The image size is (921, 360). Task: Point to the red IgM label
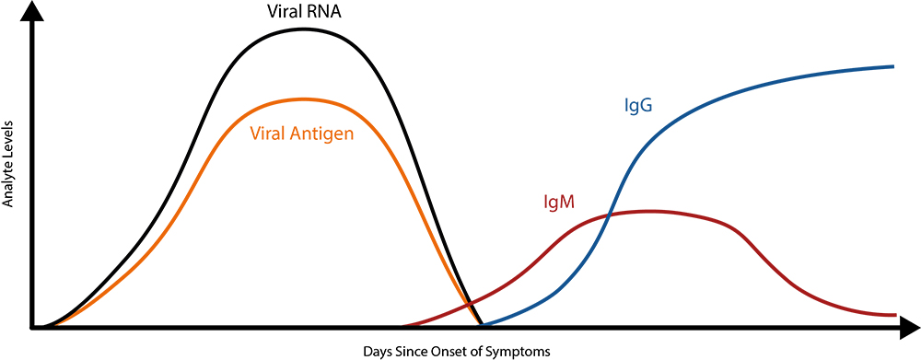tap(559, 201)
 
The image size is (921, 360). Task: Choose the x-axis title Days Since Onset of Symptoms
tap(458, 351)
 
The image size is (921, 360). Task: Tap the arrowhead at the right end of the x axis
tap(911, 327)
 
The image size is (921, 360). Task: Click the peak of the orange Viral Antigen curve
tap(302, 99)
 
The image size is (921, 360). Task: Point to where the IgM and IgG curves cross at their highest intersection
tap(608, 215)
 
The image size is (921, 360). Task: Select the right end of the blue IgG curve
tap(894, 66)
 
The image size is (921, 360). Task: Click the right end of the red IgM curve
tap(895, 315)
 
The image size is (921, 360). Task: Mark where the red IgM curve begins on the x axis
tap(402, 326)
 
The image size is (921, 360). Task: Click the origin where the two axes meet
tap(33, 327)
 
